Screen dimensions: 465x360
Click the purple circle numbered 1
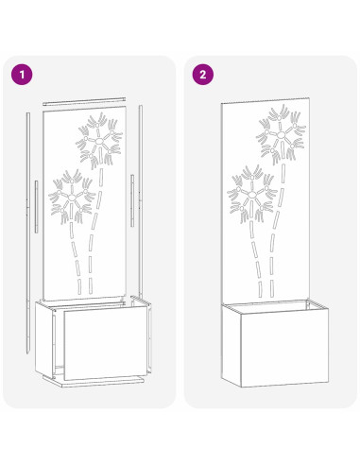pyautogui.click(x=22, y=73)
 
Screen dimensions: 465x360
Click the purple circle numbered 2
pyautogui.click(x=200, y=73)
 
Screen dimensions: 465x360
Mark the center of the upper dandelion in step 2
pyautogui.click(x=281, y=136)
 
